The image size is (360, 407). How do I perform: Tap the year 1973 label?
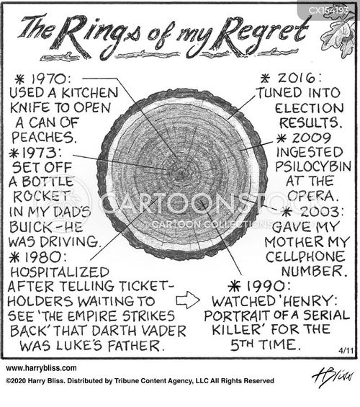(x=42, y=153)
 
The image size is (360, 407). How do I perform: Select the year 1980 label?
(x=46, y=257)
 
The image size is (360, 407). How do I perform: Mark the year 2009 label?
(x=312, y=138)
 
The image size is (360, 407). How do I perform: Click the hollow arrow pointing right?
(x=188, y=300)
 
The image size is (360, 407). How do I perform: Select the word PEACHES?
(x=44, y=137)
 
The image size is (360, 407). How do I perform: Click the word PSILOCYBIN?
(x=313, y=166)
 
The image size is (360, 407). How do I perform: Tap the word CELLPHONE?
(x=305, y=256)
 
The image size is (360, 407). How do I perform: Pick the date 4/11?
(x=346, y=351)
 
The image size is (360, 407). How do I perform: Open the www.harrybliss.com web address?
(x=41, y=368)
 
